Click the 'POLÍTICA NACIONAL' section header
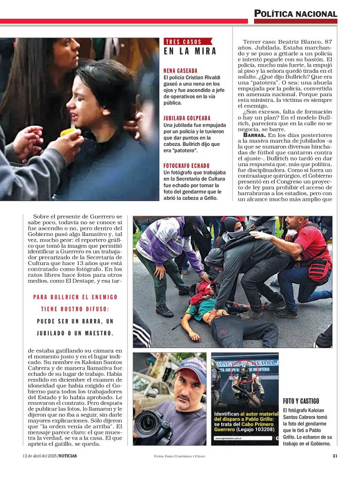(x=296, y=14)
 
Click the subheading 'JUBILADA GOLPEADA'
(x=187, y=118)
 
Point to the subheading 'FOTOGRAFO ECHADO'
(x=186, y=166)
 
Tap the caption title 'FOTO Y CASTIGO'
(x=301, y=401)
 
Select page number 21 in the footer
(x=335, y=455)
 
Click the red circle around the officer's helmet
(x=243, y=372)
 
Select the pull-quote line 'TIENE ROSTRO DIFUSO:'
(x=75, y=309)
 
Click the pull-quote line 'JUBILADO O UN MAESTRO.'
(x=75, y=333)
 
